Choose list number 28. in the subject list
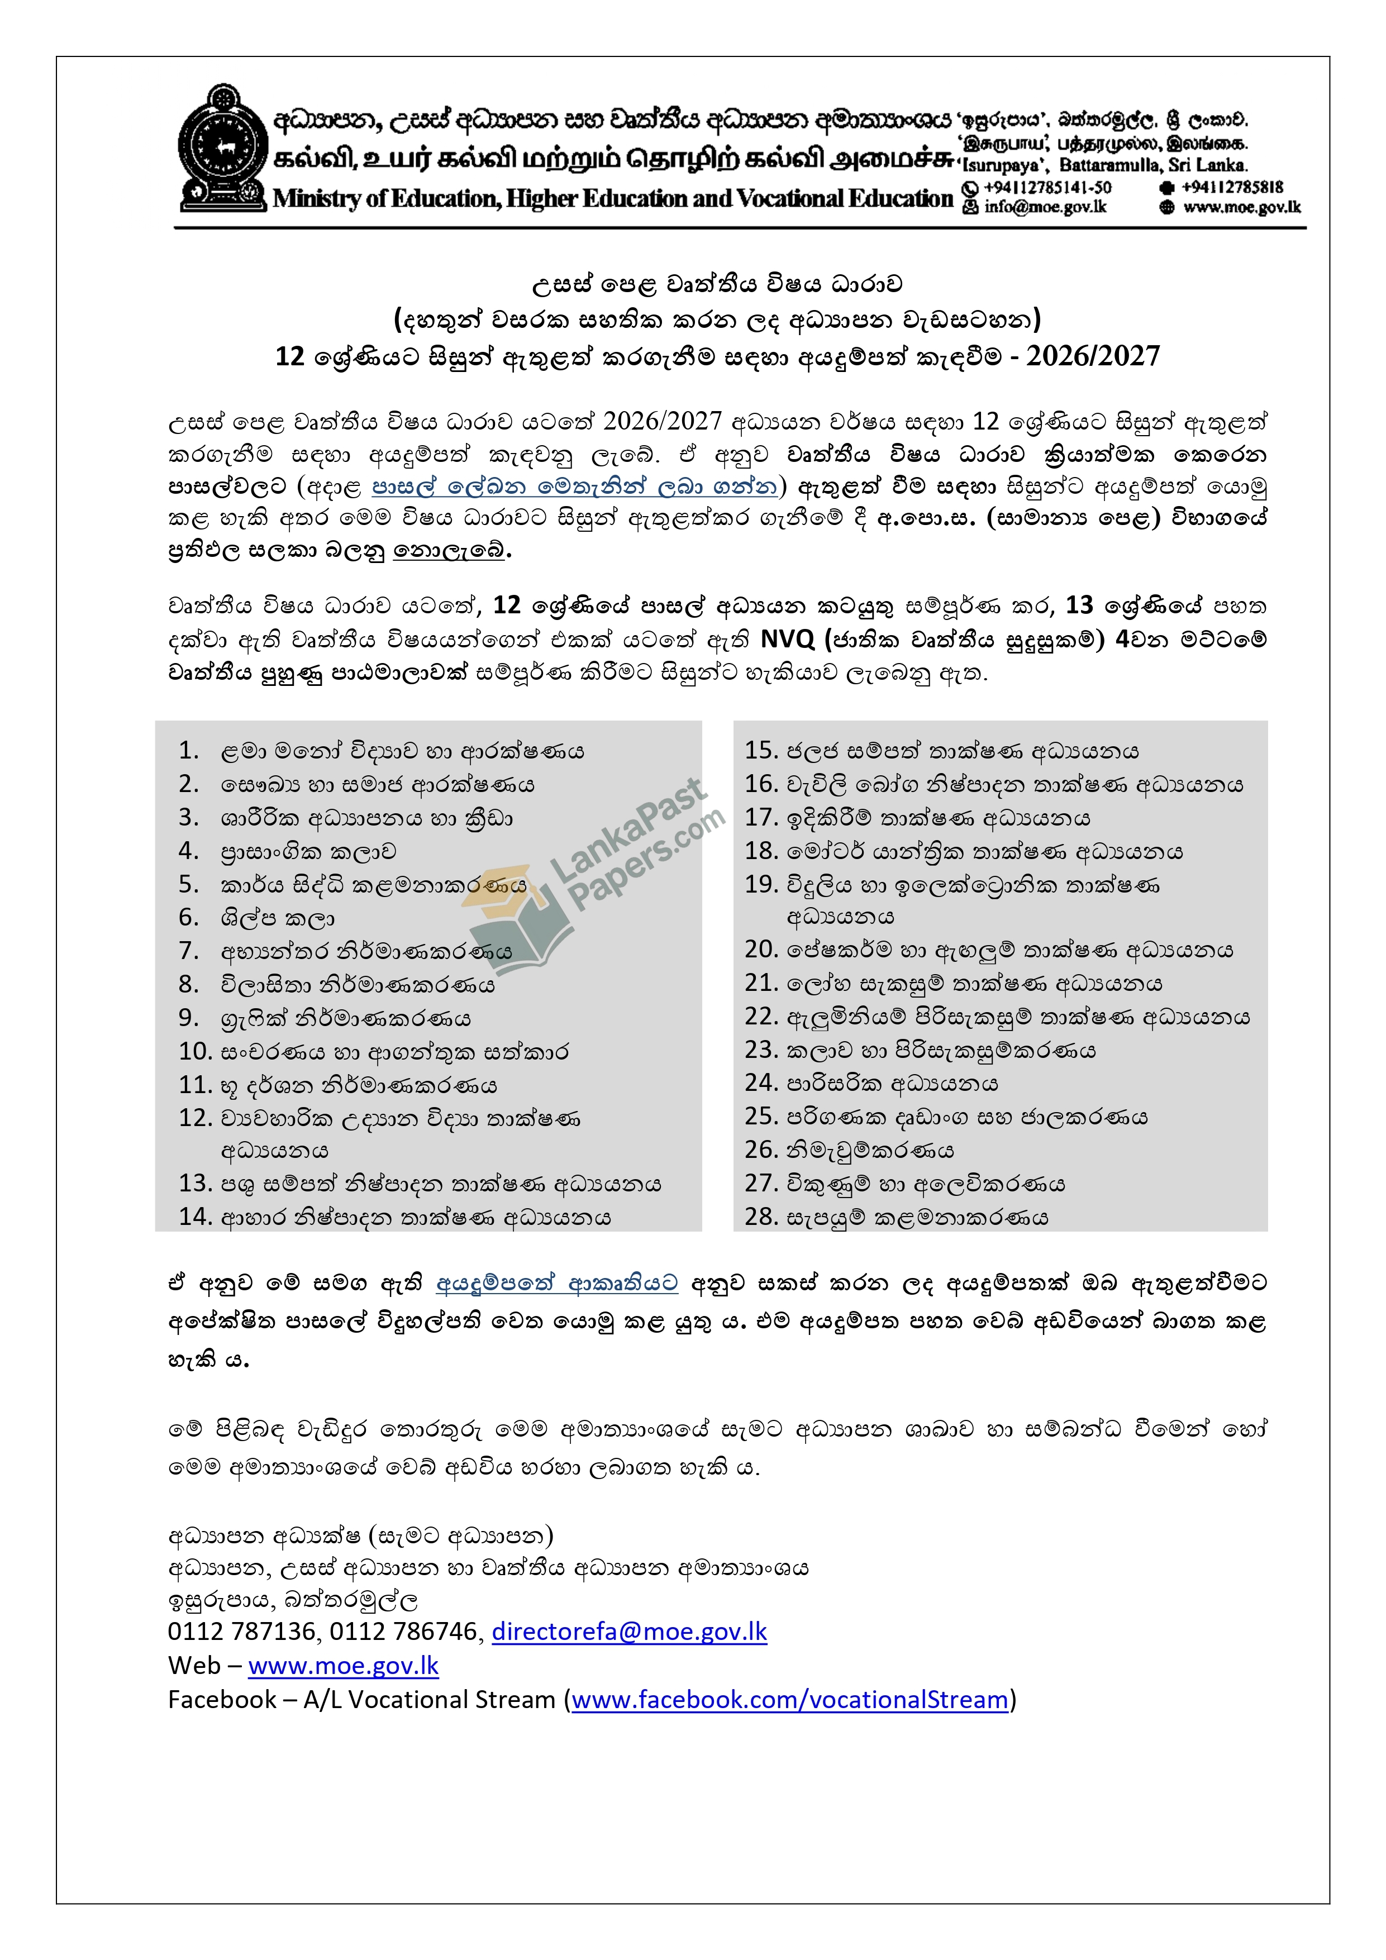[x=760, y=1217]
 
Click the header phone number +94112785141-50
[x=1047, y=188]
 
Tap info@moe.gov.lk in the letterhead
[x=1045, y=207]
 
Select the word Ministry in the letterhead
[x=315, y=199]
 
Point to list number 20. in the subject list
[x=760, y=950]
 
